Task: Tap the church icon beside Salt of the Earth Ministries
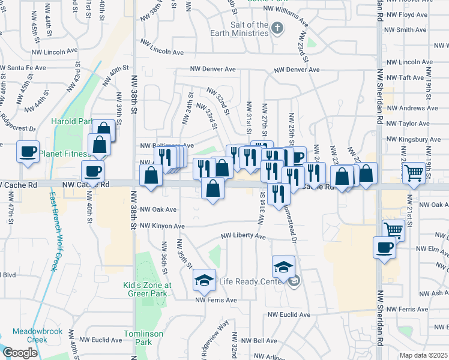277,28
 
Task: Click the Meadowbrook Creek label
29,335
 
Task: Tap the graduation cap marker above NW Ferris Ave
204,280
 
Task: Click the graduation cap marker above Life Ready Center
283,266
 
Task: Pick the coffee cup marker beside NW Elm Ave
384,247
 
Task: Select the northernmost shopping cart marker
414,172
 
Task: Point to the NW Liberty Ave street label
243,236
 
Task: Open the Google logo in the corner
20,353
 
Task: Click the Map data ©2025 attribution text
423,355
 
